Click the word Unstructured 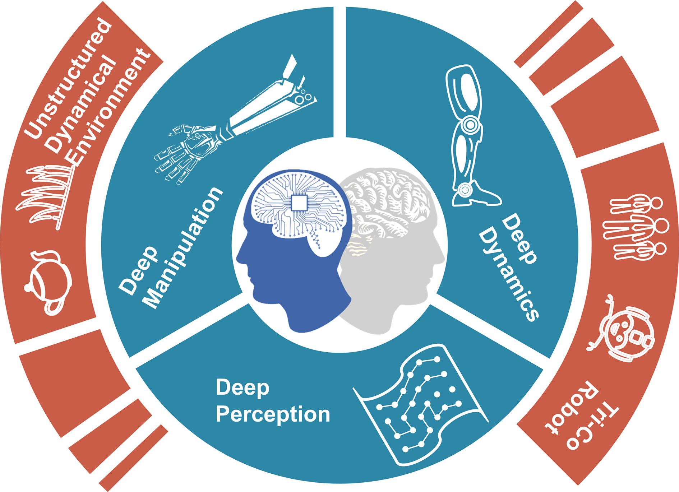pos(68,77)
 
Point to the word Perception pos(273,414)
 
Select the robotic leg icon pos(467,136)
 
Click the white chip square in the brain pos(299,203)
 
